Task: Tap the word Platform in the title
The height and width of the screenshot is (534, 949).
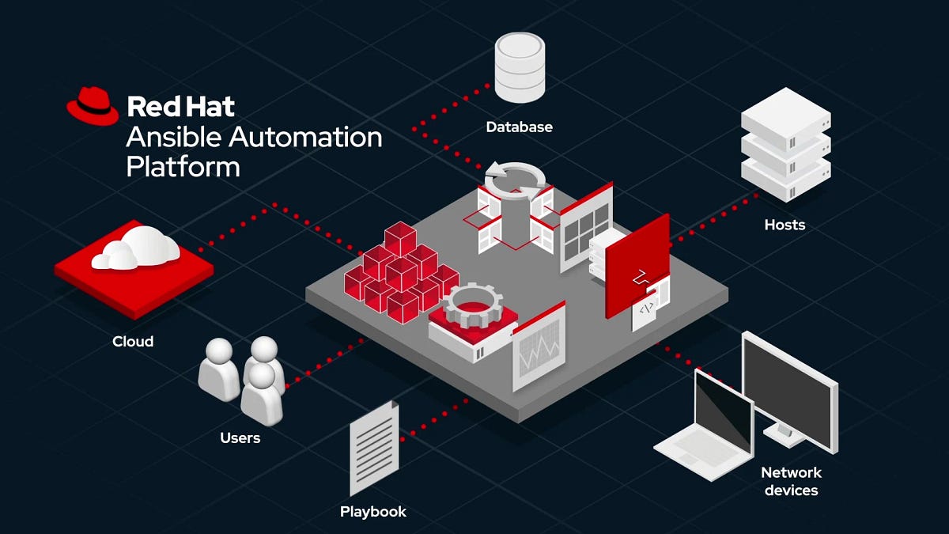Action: (x=183, y=167)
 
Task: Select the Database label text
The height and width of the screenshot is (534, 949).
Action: (x=519, y=127)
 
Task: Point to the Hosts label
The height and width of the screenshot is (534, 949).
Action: (x=784, y=225)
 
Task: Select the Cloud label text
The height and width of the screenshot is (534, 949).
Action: (x=133, y=342)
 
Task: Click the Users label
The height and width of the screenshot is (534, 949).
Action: (x=240, y=437)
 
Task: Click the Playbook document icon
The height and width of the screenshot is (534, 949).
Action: (x=374, y=447)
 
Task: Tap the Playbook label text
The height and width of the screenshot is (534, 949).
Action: (x=373, y=512)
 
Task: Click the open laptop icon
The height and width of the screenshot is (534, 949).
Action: (x=709, y=423)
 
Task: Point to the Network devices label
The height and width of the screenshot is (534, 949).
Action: (x=791, y=481)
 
